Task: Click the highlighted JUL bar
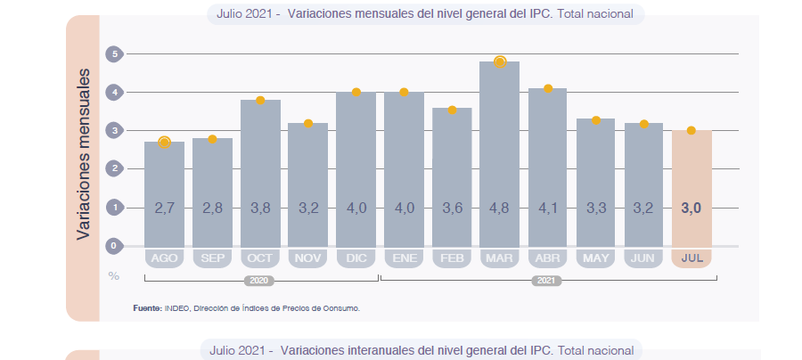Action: point(692,187)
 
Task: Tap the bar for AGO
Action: point(164,192)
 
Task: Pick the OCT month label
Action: point(260,258)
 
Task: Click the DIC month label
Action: point(356,258)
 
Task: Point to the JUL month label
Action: point(692,258)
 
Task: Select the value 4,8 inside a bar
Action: point(499,208)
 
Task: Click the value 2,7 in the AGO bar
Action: point(164,208)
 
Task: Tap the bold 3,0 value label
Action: point(692,208)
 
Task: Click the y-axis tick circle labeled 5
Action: point(113,54)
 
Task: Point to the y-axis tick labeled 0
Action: point(113,245)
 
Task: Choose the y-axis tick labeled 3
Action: point(113,131)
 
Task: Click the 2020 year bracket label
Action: point(260,280)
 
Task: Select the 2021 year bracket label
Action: point(547,280)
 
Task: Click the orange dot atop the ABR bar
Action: point(548,88)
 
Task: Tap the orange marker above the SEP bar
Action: point(212,139)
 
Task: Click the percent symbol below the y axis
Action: point(113,276)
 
